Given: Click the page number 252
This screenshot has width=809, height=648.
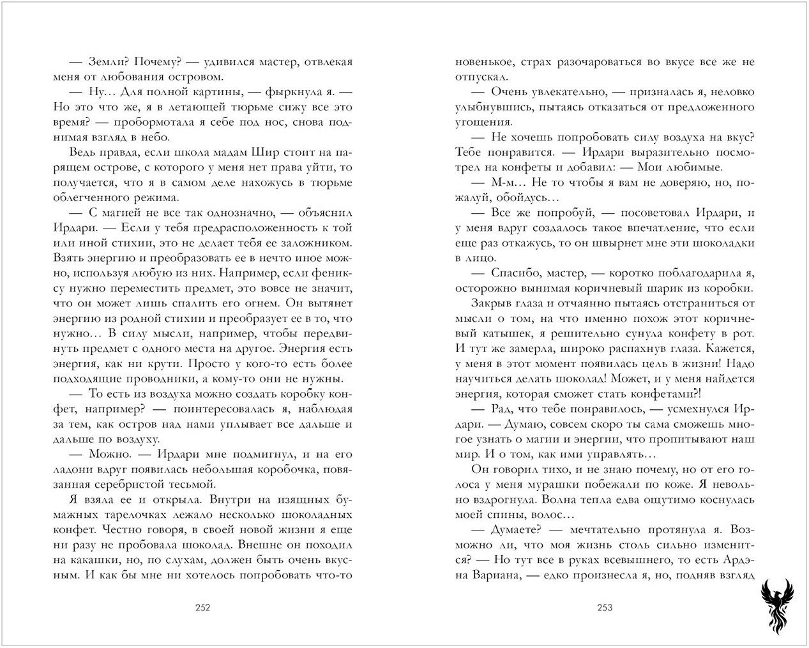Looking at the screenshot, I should (202, 608).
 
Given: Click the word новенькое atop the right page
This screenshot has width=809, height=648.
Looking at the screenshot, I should (481, 63).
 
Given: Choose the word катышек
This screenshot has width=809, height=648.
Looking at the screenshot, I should (491, 333).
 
